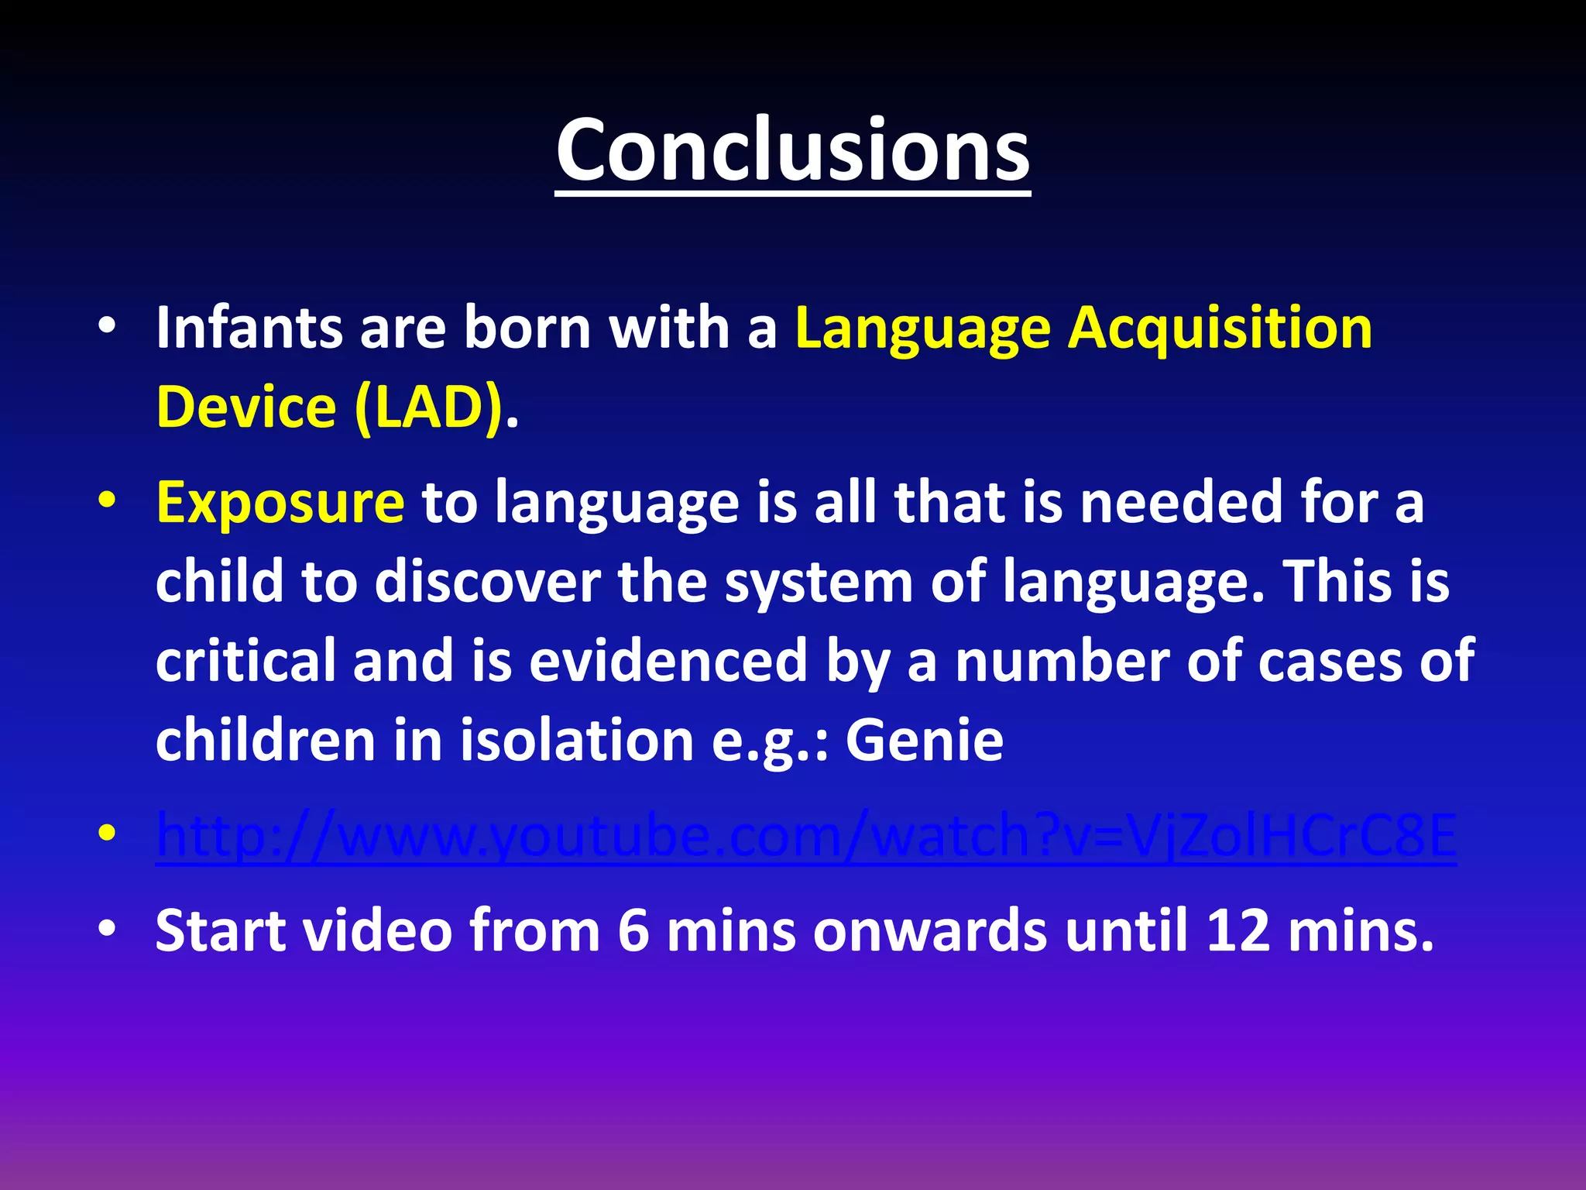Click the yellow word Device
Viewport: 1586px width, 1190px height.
(x=245, y=408)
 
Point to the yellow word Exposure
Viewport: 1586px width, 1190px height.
(x=280, y=504)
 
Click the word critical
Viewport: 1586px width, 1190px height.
(x=245, y=660)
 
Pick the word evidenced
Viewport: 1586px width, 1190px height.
(x=668, y=660)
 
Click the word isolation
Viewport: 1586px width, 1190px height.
(x=577, y=739)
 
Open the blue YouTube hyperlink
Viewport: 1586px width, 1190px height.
(x=805, y=837)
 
